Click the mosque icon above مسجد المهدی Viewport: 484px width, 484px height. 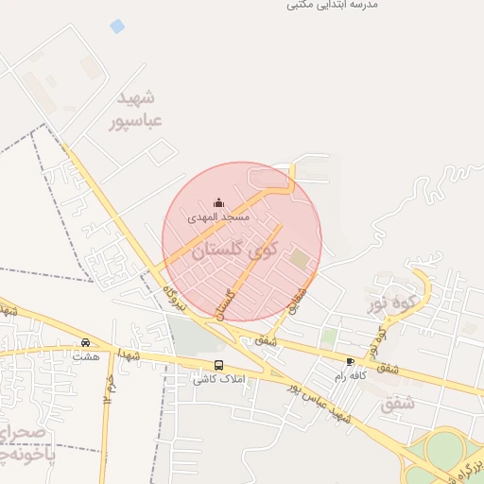(219, 202)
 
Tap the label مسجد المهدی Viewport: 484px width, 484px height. (218, 217)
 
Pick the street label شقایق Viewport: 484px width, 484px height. (299, 301)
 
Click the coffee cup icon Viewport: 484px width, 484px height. (351, 362)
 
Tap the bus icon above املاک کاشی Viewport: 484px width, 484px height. (219, 365)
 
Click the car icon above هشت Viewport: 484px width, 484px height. (86, 343)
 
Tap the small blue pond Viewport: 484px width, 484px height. (117, 26)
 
